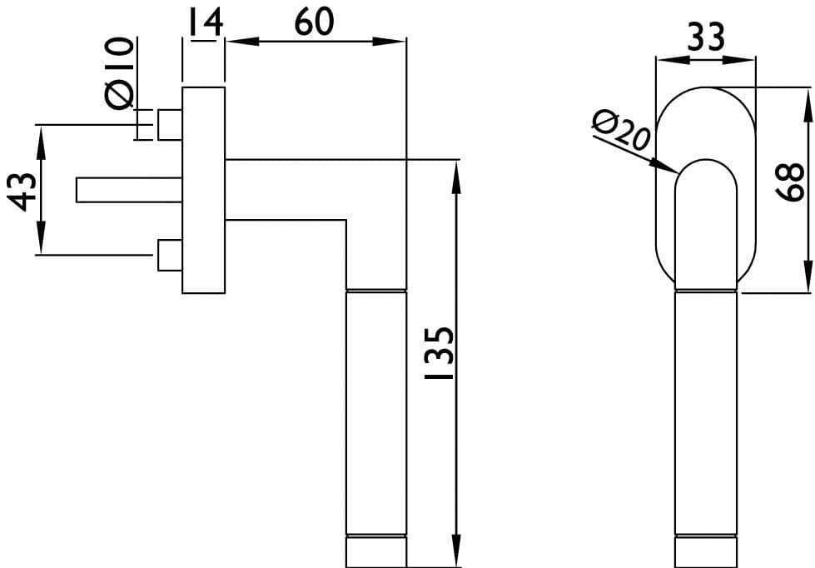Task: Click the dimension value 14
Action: tap(206, 22)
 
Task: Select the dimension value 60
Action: tap(315, 22)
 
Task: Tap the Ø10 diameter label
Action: tap(120, 73)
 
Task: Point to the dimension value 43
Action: tap(23, 192)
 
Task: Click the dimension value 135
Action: tap(440, 352)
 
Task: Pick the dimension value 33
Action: tap(706, 37)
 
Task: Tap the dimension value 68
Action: tap(789, 182)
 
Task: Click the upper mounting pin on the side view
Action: tap(170, 125)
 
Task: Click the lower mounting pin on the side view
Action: tap(170, 256)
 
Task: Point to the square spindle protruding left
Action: tap(129, 190)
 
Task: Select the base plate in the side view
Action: tap(204, 191)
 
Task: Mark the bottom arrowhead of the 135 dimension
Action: tap(456, 551)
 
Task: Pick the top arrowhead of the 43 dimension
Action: tap(41, 142)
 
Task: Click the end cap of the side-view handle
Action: tap(376, 552)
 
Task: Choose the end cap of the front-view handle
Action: tap(706, 552)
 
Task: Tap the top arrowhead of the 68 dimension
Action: tap(808, 105)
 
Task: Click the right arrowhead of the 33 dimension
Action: tap(738, 60)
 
